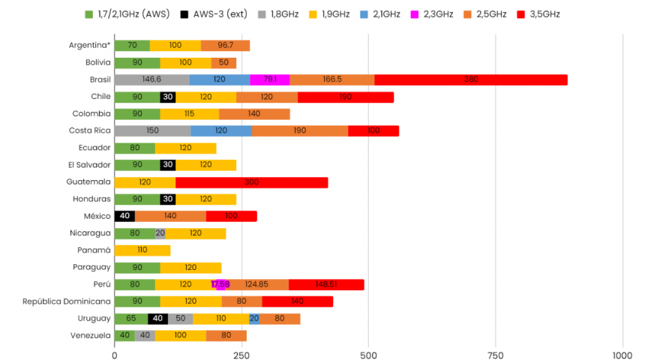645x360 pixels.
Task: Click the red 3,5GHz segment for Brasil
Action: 471,79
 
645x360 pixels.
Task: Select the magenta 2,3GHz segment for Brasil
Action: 270,79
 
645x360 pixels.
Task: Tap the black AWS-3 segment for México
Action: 124,216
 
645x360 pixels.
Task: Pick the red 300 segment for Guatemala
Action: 251,182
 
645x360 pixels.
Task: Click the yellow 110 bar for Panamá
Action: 142,250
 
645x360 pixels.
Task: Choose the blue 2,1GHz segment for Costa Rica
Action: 221,130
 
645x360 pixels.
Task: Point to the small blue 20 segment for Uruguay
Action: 254,319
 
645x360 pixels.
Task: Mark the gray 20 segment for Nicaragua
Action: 160,233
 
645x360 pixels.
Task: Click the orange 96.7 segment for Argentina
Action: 225,46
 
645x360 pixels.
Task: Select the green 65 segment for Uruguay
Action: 131,319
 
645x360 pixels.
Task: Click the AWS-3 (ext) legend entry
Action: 215,14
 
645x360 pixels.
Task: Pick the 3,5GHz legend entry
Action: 538,14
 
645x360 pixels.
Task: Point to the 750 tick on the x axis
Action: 495,355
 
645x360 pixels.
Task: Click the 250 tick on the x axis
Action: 241,355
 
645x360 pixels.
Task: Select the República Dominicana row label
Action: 67,301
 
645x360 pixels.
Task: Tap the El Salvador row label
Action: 88,165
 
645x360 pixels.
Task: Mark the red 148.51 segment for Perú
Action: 326,284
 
